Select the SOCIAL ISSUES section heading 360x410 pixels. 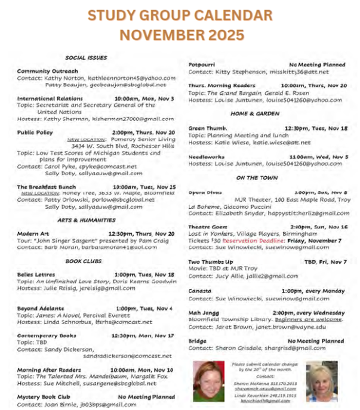pos(86,58)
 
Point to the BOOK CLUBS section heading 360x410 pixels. pos(86,261)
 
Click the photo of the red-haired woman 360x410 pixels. pos(208,380)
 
